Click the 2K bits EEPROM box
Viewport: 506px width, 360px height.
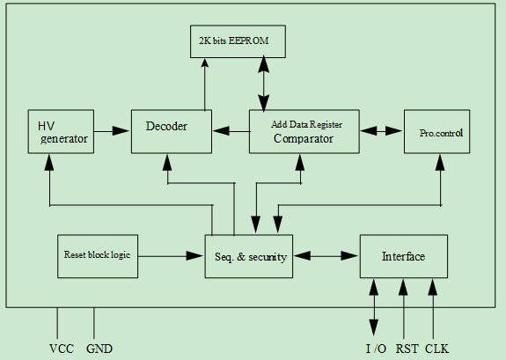(238, 41)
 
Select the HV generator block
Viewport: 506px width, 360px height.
(61, 131)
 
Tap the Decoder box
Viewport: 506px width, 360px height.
(172, 131)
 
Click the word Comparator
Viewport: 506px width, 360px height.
(304, 138)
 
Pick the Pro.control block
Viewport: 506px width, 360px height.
(437, 131)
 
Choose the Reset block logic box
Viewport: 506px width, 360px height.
(98, 256)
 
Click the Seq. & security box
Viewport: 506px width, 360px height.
(249, 256)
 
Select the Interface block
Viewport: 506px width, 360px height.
(404, 256)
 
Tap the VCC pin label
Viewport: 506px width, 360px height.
(62, 349)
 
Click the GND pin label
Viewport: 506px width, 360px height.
(99, 349)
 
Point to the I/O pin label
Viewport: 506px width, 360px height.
(376, 349)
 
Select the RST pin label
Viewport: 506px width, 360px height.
(407, 349)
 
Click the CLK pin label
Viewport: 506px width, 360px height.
(437, 349)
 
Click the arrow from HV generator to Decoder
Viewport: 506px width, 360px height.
(112, 131)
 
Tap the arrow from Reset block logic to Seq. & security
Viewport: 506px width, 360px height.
(171, 256)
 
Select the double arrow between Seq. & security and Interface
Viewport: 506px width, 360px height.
(326, 256)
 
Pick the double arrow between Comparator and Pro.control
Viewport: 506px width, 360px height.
(381, 131)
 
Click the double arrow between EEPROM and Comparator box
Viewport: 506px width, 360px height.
(264, 84)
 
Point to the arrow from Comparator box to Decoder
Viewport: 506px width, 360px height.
(231, 131)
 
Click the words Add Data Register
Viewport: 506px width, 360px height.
(306, 124)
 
